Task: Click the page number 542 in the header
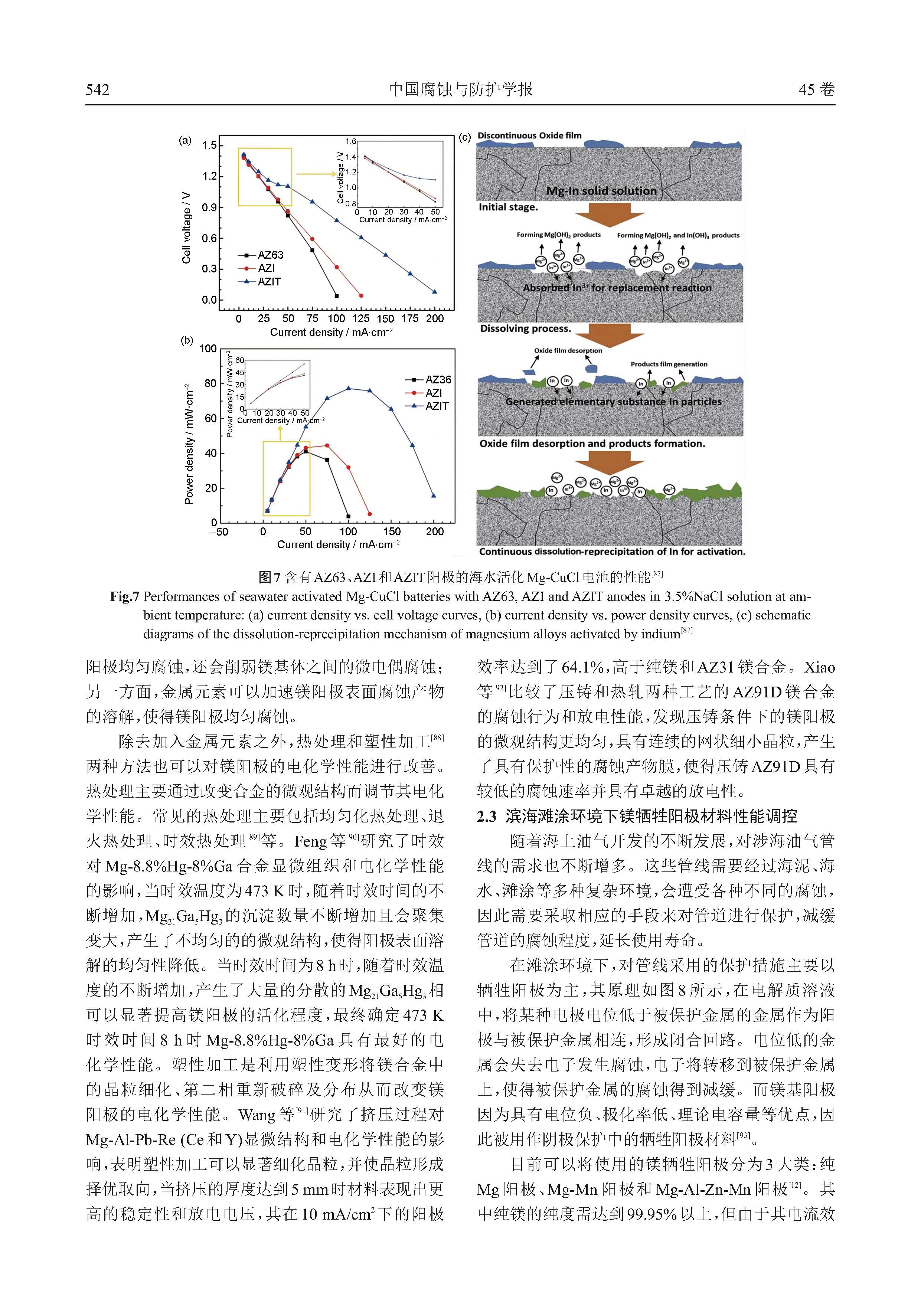pyautogui.click(x=98, y=89)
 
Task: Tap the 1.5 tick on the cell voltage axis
pyautogui.click(x=209, y=145)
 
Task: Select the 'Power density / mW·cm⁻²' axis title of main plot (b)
pyautogui.click(x=189, y=444)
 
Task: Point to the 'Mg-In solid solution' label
pyautogui.click(x=601, y=191)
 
